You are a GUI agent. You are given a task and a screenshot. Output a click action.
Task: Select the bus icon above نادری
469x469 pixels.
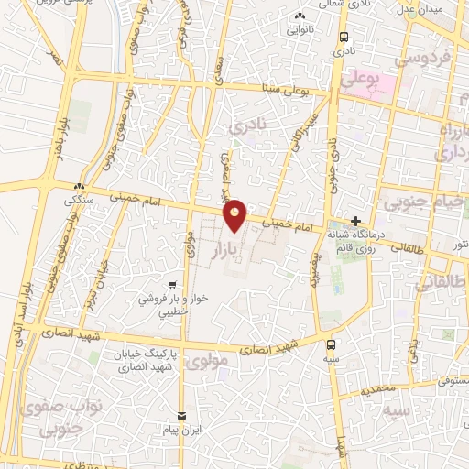pyautogui.click(x=343, y=38)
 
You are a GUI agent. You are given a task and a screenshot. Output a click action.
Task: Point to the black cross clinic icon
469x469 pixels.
pyautogui.click(x=355, y=222)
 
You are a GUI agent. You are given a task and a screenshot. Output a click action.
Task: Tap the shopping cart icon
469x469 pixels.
pyautogui.click(x=172, y=284)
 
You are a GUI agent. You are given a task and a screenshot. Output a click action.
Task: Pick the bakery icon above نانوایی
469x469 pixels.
pyautogui.click(x=300, y=16)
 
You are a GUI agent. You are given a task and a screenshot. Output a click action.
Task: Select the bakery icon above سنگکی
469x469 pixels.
pyautogui.click(x=80, y=186)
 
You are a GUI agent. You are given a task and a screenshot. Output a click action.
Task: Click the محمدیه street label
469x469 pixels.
pyautogui.click(x=377, y=389)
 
